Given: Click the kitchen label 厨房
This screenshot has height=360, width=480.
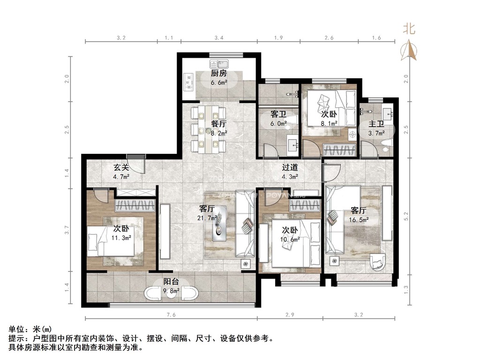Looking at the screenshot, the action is tap(218, 74).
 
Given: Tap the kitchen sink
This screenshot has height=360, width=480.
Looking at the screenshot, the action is tap(219, 64).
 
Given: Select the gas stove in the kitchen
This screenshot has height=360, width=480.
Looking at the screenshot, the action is tap(188, 82).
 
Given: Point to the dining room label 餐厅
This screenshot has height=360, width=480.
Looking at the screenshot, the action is tap(218, 124).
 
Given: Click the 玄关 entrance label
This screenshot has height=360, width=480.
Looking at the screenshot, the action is tap(121, 167).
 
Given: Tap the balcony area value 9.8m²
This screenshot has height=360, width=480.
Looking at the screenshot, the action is tap(171, 291).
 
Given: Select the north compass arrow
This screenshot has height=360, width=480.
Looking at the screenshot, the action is tap(409, 50).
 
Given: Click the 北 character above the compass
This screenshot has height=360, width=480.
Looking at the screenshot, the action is tap(409, 29).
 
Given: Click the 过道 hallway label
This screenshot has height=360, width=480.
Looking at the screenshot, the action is tap(290, 167).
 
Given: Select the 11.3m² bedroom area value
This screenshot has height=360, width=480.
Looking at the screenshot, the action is tap(121, 238).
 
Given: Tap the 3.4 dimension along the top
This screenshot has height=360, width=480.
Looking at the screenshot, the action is tap(218, 37).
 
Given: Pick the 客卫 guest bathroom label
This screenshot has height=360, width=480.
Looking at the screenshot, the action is tap(278, 114).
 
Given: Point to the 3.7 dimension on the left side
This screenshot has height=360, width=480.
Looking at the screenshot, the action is tap(67, 230).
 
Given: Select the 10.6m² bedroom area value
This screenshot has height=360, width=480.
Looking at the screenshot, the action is tap(290, 239).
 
